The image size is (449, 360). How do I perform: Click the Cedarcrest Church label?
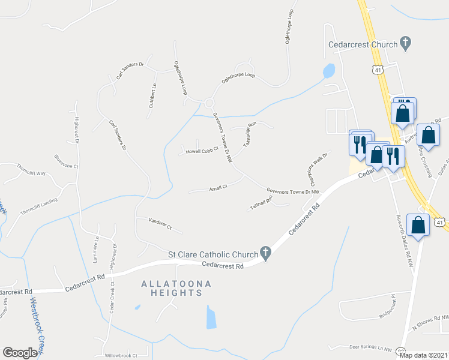363,44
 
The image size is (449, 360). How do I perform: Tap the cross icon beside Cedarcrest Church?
406,43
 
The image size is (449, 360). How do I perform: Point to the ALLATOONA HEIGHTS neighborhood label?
171,288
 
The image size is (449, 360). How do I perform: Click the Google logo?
20,353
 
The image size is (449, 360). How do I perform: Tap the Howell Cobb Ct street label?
200,151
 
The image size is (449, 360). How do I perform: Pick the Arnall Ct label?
217,187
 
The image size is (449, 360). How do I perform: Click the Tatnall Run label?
261,203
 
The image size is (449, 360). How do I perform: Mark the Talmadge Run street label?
250,135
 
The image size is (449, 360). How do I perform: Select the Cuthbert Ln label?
152,95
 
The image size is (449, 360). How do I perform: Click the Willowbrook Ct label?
121,355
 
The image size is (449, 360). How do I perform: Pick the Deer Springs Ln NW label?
370,347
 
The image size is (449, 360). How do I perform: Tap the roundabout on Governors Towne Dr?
209,103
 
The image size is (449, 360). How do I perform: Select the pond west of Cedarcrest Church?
328,71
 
